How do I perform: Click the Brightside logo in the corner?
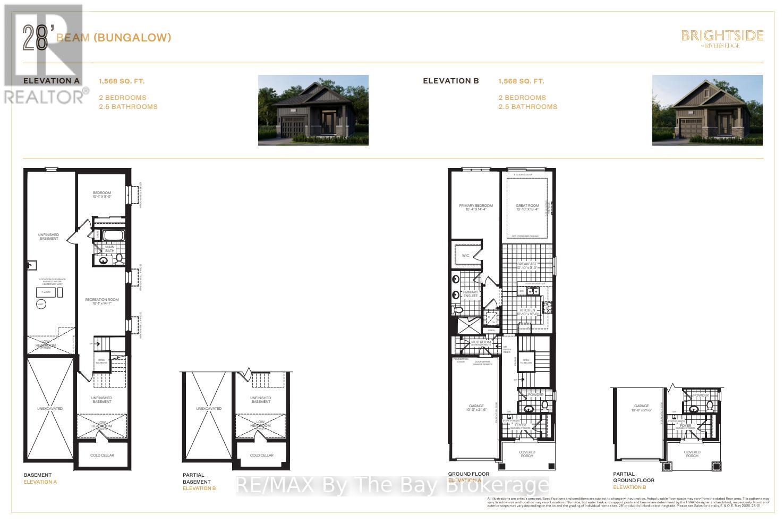(722, 38)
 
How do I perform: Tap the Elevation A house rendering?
(313, 110)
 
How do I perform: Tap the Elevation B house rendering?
(707, 110)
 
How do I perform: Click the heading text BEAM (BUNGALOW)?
(113, 37)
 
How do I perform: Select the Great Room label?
(527, 207)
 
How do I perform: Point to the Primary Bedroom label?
(476, 207)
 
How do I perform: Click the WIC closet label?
(466, 256)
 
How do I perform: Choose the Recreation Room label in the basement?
(102, 301)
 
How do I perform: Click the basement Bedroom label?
(102, 195)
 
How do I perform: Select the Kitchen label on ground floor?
(527, 311)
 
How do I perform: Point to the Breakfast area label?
(527, 266)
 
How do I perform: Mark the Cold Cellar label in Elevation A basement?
(102, 455)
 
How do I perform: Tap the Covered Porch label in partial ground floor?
(692, 454)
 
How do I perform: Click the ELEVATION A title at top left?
(51, 81)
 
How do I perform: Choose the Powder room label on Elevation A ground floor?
(536, 395)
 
